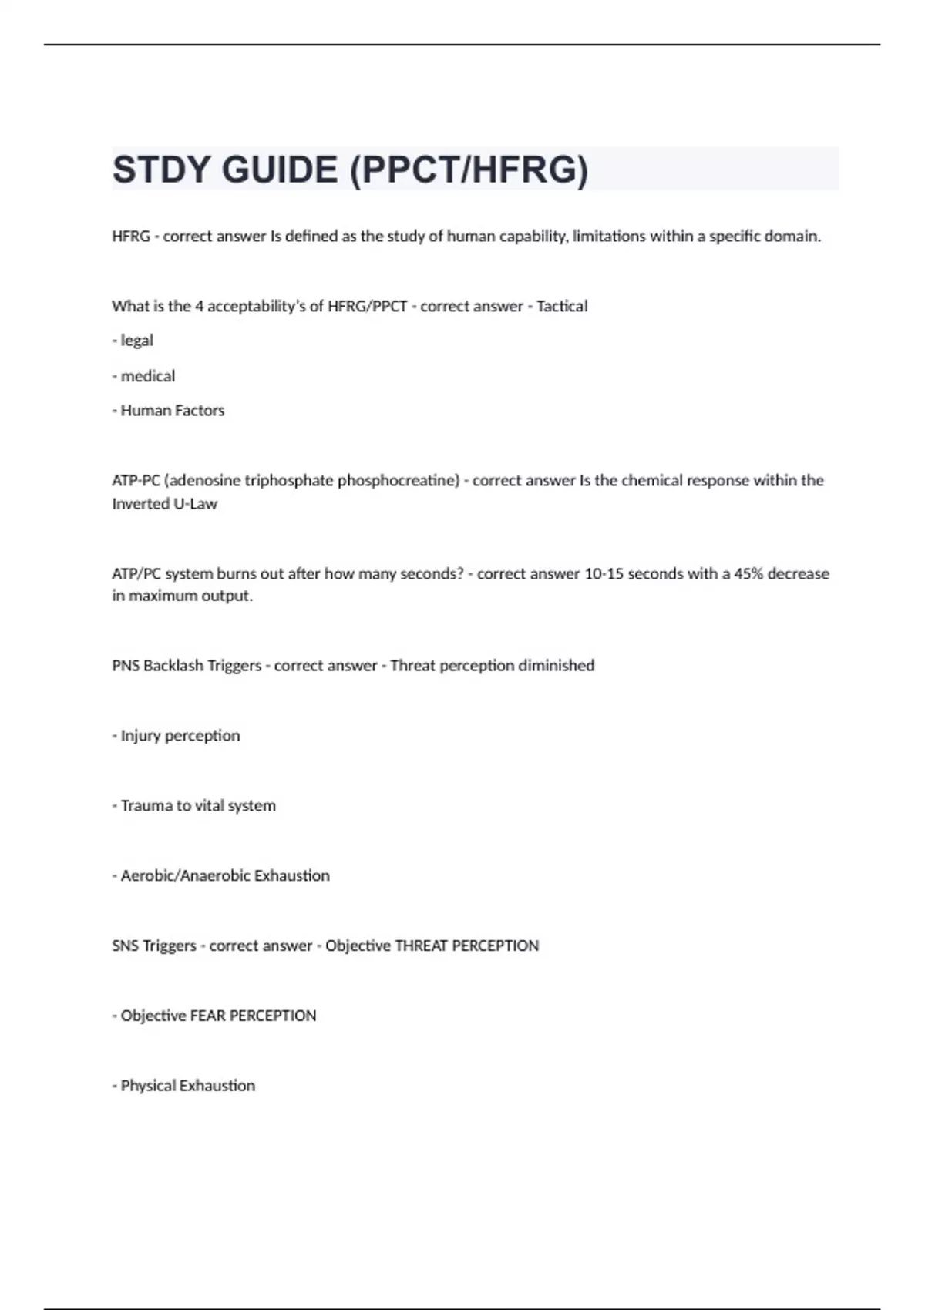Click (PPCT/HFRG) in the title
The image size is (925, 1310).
(469, 170)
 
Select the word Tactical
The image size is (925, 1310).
(562, 306)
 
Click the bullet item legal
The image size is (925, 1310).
(136, 341)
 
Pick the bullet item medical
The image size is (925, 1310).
(147, 376)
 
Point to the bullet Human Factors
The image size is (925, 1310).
(172, 411)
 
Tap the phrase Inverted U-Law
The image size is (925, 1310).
(164, 504)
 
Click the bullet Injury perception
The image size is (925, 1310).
(180, 736)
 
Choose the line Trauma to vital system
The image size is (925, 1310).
(197, 805)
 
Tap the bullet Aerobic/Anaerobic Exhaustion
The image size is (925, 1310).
(224, 875)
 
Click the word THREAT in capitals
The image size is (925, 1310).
(420, 946)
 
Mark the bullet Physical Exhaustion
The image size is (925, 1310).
(187, 1086)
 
